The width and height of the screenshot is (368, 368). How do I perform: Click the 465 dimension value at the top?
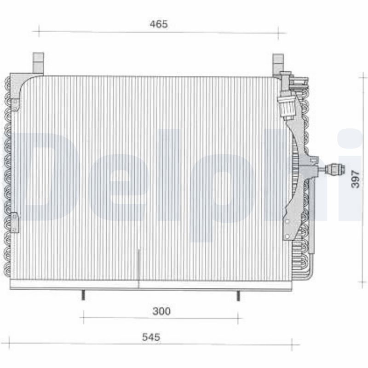158,24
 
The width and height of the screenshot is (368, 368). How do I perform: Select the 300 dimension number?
161,311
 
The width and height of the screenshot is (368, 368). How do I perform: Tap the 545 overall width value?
151,337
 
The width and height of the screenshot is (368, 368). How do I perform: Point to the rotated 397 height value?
355,176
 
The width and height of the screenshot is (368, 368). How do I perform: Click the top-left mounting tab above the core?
38,63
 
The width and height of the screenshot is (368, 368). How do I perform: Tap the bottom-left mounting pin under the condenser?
83,295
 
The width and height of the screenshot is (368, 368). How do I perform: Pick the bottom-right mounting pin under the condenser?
238,295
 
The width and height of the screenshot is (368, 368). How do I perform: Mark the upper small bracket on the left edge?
15,104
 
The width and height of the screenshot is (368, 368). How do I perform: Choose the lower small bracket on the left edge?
15,222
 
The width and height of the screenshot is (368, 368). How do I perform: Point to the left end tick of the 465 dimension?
39,31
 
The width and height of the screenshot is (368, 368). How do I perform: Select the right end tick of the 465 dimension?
278,32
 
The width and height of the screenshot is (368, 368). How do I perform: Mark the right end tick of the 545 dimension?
292,343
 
